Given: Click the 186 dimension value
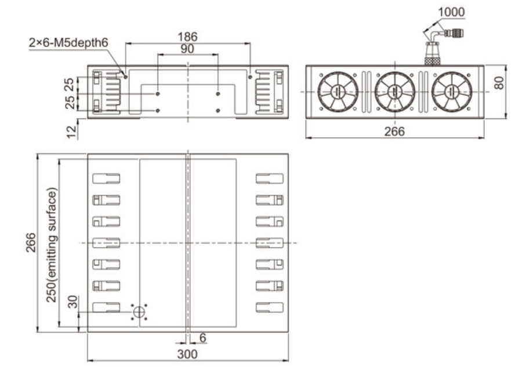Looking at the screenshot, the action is pos(187,37).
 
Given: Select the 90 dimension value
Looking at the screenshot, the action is pos(187,49).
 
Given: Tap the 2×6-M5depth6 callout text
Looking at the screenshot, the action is pos(68,42).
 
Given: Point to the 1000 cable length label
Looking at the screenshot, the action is pos(452,12).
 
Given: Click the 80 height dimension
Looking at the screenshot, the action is pos(499,83).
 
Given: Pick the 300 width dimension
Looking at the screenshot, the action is pos(187,354).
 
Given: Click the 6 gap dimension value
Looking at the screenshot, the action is pos(202,338).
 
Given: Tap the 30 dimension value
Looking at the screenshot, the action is pos(72,302).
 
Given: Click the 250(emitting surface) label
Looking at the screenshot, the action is pos(52,245).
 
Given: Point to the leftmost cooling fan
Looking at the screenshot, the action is pos(338,92).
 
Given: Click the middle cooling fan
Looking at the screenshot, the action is pos(395,92).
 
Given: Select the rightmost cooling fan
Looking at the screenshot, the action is pos(452,92).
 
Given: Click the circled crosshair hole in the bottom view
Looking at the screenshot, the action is pos(139,312).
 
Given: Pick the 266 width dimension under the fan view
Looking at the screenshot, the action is pos(394,132).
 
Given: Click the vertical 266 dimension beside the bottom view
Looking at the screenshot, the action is pos(31,242).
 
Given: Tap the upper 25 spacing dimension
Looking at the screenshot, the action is pos(70,85).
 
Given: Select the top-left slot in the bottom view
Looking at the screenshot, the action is pos(106,178).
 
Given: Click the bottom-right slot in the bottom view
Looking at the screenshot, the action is pos(269,307).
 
